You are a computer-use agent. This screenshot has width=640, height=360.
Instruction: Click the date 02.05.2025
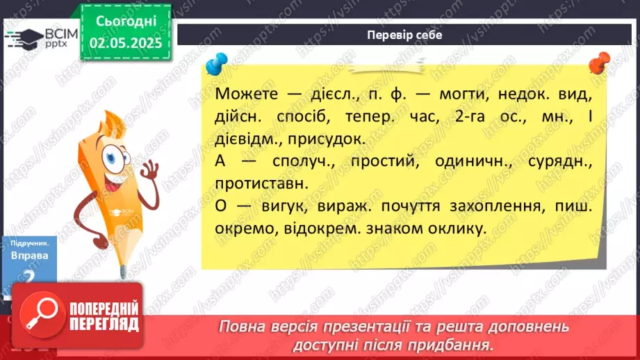point(125,43)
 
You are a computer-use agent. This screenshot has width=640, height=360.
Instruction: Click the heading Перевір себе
point(404,35)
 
